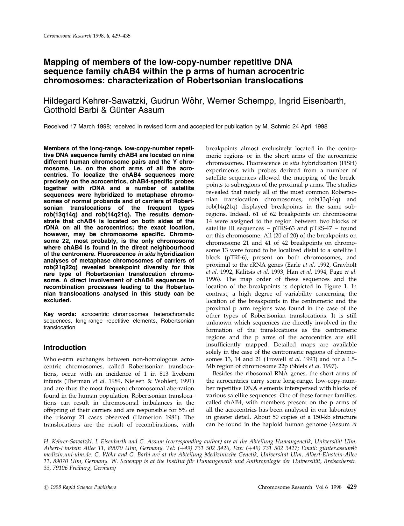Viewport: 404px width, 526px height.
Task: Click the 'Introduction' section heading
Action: [x=65, y=347]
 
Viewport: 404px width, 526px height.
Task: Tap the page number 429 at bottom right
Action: [x=351, y=487]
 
